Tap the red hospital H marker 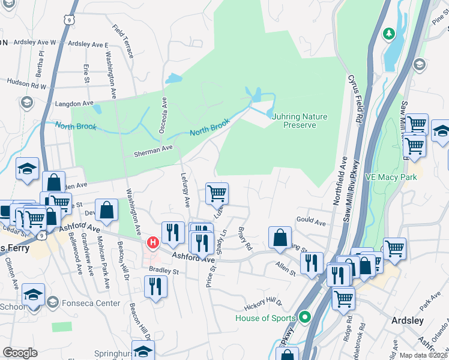tap(152, 242)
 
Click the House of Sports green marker tap(305, 317)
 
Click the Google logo tap(20, 353)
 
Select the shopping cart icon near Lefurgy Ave tap(216, 193)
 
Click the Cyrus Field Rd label tap(355, 99)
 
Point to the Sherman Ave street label tap(154, 149)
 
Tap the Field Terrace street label tap(123, 41)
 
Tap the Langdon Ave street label tap(74, 103)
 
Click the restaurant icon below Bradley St tap(155, 285)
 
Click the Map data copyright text tap(423, 355)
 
